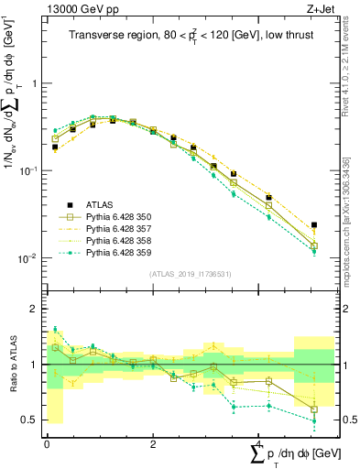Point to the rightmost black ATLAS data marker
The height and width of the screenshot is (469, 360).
click(x=314, y=224)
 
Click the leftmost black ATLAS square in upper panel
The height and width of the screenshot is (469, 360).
click(x=55, y=147)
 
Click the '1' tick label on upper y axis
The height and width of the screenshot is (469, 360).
click(x=35, y=83)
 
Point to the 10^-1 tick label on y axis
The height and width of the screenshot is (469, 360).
click(x=29, y=171)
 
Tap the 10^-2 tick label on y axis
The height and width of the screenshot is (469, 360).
click(x=29, y=258)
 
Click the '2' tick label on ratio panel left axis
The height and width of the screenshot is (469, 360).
click(x=35, y=310)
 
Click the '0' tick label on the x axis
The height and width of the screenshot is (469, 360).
click(x=47, y=442)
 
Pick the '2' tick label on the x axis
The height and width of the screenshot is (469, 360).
click(x=151, y=442)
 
